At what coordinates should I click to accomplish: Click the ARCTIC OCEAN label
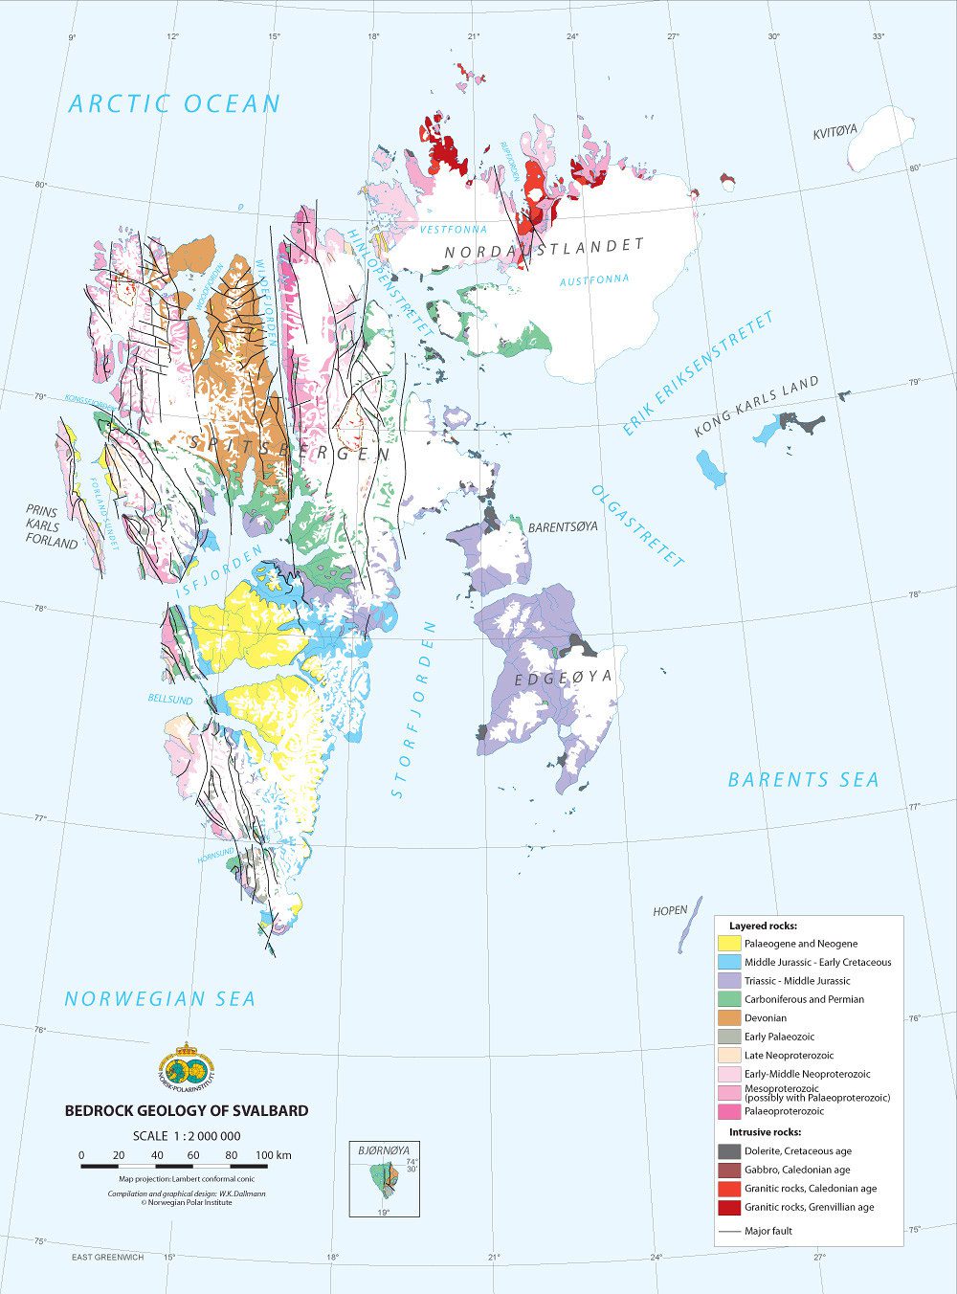174,103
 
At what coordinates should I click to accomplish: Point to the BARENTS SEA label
803,779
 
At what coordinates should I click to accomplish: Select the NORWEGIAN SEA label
160,998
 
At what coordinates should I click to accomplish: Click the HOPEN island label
670,911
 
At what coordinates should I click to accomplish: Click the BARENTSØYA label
563,527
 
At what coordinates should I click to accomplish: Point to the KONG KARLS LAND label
757,408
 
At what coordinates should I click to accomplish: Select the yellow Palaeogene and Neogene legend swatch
729,944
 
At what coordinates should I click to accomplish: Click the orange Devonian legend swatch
729,1017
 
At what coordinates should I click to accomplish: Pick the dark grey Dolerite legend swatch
729,1151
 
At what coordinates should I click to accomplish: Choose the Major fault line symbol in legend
729,1231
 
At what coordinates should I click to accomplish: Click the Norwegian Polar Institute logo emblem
188,1068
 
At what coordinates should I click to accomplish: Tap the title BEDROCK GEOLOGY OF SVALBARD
187,1110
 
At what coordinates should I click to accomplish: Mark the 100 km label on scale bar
274,1155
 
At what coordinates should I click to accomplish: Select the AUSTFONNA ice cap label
595,279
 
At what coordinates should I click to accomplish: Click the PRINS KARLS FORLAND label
51,527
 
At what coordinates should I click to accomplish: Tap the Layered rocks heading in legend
763,926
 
